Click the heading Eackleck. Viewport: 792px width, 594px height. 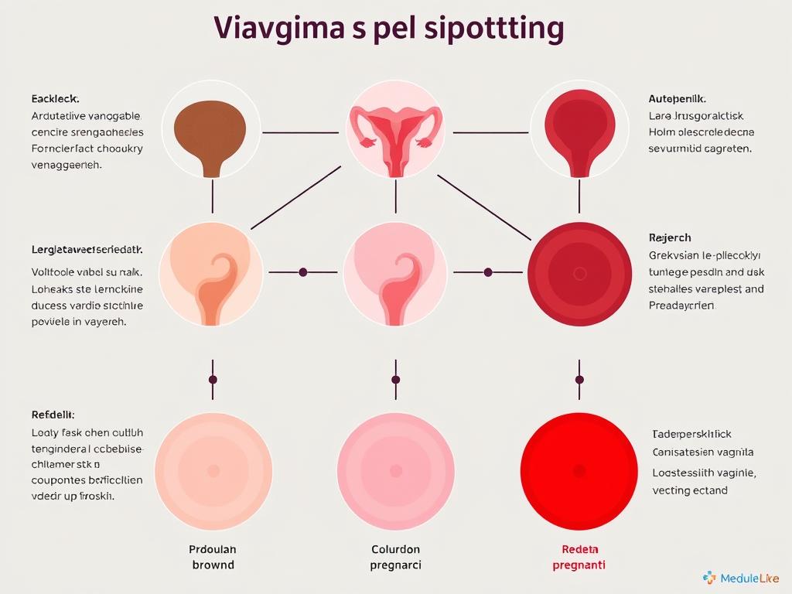click(x=55, y=99)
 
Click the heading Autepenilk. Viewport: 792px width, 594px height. click(x=677, y=99)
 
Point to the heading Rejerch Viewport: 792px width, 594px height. click(x=669, y=237)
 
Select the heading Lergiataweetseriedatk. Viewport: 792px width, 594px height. click(x=87, y=250)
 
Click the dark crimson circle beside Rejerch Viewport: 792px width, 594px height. click(x=579, y=273)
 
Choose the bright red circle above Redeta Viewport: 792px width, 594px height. click(x=579, y=469)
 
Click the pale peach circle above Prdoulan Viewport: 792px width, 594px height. click(x=213, y=469)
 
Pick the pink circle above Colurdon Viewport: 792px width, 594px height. click(x=395, y=469)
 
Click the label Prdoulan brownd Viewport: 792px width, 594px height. click(x=213, y=557)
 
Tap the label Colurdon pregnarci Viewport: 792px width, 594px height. click(x=396, y=557)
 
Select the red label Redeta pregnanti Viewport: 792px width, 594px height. click(x=579, y=557)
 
